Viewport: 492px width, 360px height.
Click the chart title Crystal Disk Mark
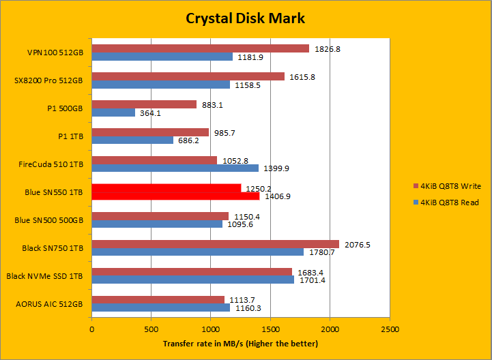[246, 18]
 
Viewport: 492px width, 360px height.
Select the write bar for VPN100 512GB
[200, 48]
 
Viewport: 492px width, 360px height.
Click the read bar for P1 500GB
[113, 112]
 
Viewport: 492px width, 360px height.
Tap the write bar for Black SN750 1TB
[215, 244]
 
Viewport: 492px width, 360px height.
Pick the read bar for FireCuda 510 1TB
[175, 168]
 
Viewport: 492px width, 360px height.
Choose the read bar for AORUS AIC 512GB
[161, 308]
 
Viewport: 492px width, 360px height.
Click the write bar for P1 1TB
[150, 132]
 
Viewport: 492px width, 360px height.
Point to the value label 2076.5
[355, 244]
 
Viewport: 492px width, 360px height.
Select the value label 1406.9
[276, 196]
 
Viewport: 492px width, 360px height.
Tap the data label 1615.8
[301, 76]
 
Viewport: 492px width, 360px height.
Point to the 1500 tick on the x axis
[270, 330]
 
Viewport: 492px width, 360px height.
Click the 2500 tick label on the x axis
[390, 330]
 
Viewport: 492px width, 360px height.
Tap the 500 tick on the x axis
[151, 330]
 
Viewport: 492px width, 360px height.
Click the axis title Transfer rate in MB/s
[240, 344]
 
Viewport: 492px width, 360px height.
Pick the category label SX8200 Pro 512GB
[48, 80]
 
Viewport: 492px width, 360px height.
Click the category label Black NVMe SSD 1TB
[44, 275]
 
